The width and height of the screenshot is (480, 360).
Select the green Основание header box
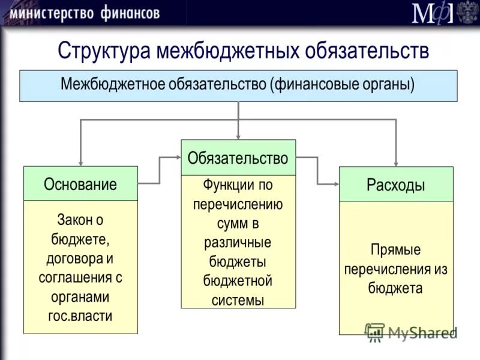click(x=80, y=184)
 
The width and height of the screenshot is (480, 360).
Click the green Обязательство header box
click(x=238, y=158)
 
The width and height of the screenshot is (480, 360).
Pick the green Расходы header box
click(x=396, y=185)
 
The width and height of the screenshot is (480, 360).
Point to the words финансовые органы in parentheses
click(x=344, y=85)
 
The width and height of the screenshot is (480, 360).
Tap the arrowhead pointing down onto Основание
click(x=80, y=162)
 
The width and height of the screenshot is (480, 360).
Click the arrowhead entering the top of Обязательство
click(x=238, y=136)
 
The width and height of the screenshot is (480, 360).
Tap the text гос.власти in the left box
click(x=80, y=316)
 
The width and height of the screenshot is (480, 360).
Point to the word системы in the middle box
click(x=238, y=300)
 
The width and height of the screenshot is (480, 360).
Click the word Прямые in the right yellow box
click(x=395, y=250)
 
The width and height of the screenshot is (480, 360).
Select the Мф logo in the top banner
click(x=432, y=13)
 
